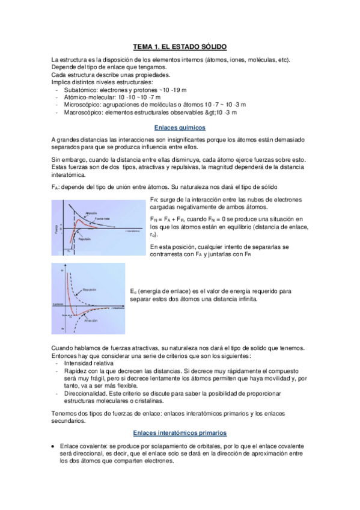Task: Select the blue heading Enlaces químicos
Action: pyautogui.click(x=180, y=127)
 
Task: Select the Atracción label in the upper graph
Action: pyautogui.click(x=91, y=212)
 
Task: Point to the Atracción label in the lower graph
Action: pyautogui.click(x=91, y=321)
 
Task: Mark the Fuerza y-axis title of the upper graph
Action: pyautogui.click(x=56, y=230)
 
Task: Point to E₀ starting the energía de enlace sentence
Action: pyautogui.click(x=133, y=290)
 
